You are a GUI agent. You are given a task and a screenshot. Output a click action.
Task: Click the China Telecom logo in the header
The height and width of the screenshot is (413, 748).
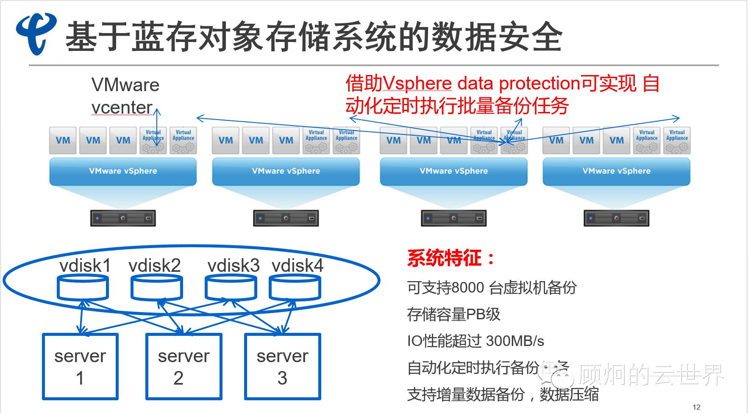pyautogui.click(x=36, y=33)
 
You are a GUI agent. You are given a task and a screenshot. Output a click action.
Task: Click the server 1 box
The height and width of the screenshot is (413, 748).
pyautogui.click(x=80, y=366)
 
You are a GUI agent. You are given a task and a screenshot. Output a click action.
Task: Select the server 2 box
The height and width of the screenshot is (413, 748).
pyautogui.click(x=184, y=366)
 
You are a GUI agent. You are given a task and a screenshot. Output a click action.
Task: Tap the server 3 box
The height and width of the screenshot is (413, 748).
pyautogui.click(x=282, y=366)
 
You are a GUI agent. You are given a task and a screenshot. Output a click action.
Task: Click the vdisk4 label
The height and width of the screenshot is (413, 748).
pyautogui.click(x=298, y=266)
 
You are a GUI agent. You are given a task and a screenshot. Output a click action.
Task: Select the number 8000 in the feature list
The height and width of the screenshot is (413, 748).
pyautogui.click(x=467, y=287)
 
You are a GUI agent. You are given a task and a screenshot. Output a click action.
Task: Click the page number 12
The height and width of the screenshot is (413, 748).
pyautogui.click(x=696, y=407)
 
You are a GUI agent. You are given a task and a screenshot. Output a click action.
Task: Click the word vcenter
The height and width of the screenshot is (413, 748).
pyautogui.click(x=122, y=108)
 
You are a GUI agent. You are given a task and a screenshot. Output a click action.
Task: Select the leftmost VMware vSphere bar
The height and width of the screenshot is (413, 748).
pyautogui.click(x=123, y=171)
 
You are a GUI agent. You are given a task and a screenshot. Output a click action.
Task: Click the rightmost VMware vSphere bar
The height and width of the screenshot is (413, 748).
pyautogui.click(x=616, y=171)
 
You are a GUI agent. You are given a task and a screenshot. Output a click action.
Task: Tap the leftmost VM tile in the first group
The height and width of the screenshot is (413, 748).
pyautogui.click(x=63, y=140)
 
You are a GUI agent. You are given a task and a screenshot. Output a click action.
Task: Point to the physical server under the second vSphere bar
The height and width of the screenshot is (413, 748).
pyautogui.click(x=286, y=218)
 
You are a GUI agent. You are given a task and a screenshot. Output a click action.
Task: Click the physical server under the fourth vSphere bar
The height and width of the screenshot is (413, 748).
pyautogui.click(x=616, y=218)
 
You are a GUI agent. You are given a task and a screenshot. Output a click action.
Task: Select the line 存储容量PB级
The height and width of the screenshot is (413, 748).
pyautogui.click(x=453, y=315)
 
